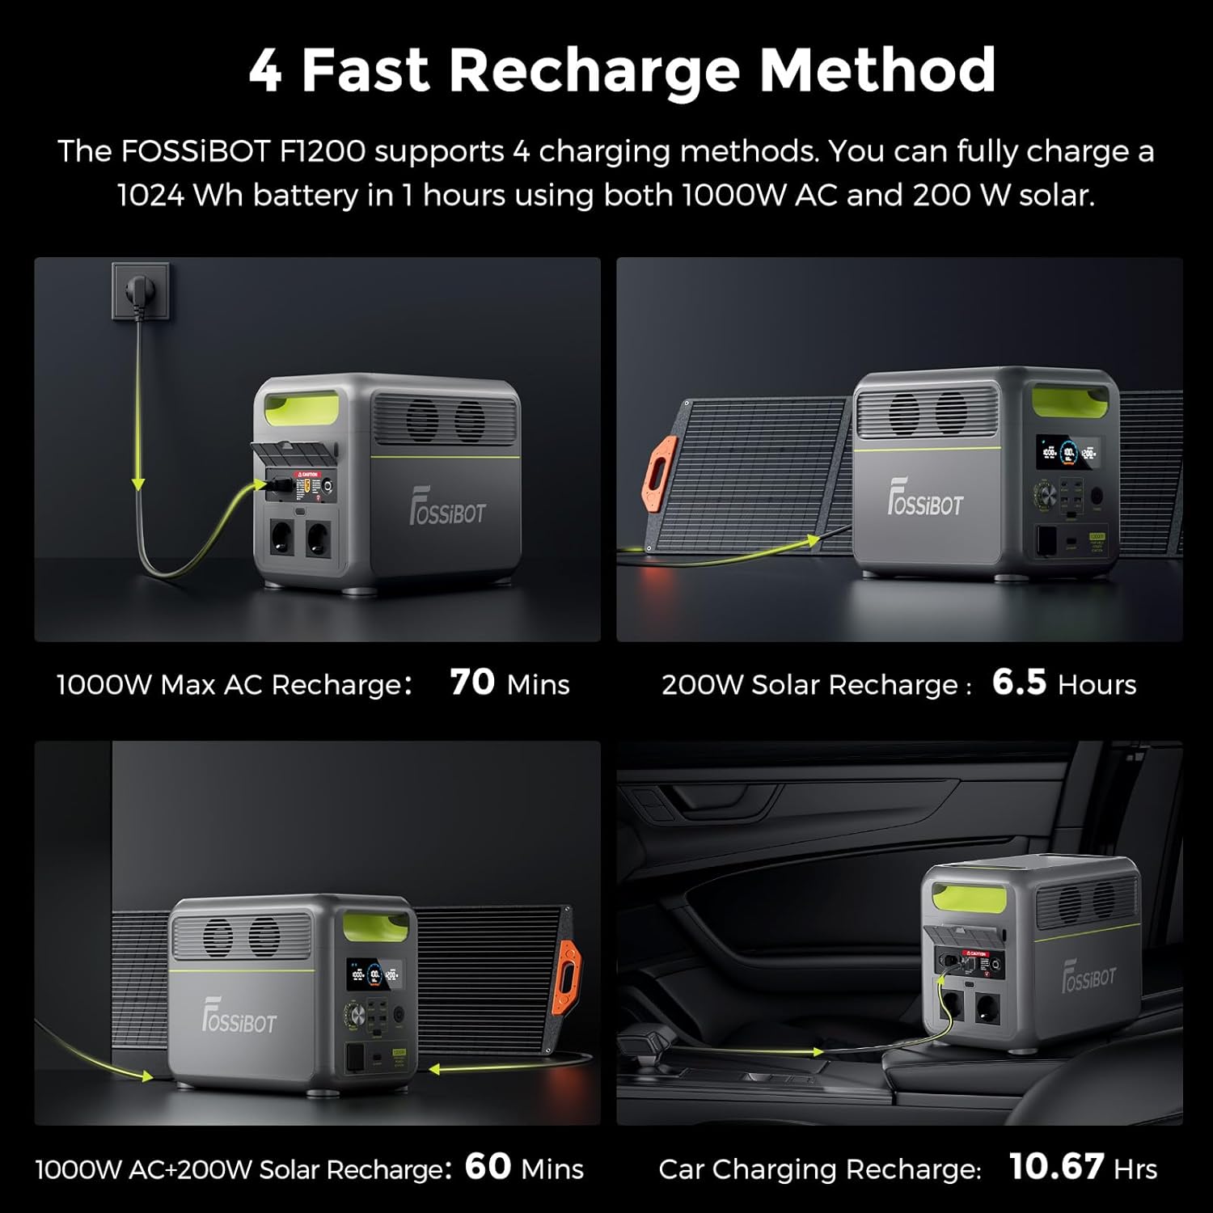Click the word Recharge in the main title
[594, 71]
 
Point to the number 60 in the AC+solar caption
[488, 1166]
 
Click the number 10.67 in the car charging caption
[1056, 1166]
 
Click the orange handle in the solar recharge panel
[660, 475]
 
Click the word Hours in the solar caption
[1097, 685]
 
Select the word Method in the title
[877, 71]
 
